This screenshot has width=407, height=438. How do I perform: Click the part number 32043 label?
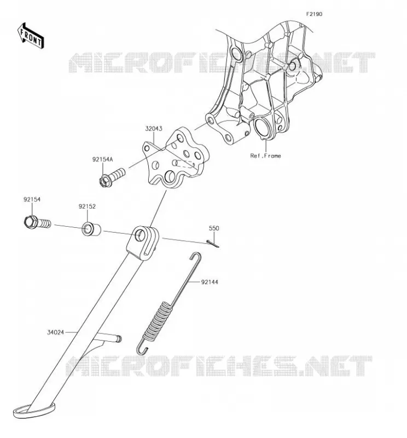[153, 129]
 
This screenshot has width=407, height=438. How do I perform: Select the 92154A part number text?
[103, 159]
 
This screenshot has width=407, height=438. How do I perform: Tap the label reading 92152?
[87, 206]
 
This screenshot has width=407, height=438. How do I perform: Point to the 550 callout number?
[214, 228]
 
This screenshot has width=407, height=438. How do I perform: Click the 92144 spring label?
[210, 282]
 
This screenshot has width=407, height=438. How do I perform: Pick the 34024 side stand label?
[56, 332]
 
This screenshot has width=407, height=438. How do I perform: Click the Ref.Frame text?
[265, 156]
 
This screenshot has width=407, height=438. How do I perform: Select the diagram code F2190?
[314, 14]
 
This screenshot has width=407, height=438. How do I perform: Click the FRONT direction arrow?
[31, 36]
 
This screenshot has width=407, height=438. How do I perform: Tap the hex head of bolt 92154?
[30, 221]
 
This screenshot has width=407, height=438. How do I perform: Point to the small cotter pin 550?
[213, 244]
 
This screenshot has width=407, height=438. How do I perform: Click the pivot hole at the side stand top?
[140, 234]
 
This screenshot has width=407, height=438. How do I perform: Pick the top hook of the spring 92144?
[196, 256]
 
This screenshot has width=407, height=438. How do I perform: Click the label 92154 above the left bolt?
[32, 199]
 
